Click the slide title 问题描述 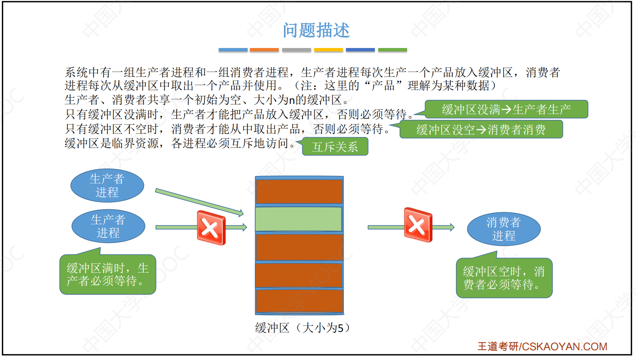click(x=316, y=30)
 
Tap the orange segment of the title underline click(x=264, y=50)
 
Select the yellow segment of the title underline click(x=328, y=50)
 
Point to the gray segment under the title click(x=296, y=50)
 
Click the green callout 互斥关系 click(x=335, y=147)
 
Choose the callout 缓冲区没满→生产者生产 click(x=506, y=109)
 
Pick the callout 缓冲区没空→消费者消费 click(x=481, y=129)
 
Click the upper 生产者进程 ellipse click(x=107, y=186)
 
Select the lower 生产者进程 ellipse click(x=108, y=226)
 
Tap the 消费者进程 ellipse click(x=504, y=229)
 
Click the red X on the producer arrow click(x=211, y=228)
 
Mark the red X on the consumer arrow click(x=418, y=225)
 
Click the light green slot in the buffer click(x=299, y=219)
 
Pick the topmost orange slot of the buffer click(x=299, y=192)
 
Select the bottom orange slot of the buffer click(x=299, y=301)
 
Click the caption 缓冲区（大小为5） click(x=303, y=328)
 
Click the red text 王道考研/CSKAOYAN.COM click(x=542, y=346)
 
